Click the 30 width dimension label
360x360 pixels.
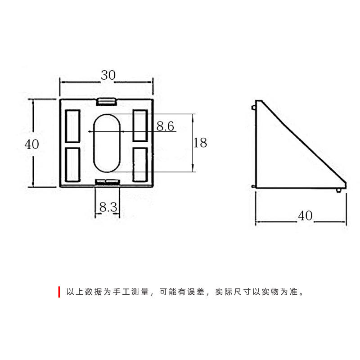pyautogui.click(x=108, y=75)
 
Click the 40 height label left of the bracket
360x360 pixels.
pyautogui.click(x=32, y=144)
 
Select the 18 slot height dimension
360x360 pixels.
pyautogui.click(x=200, y=143)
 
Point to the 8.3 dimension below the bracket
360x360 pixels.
pyautogui.click(x=108, y=207)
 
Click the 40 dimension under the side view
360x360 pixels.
pyautogui.click(x=305, y=216)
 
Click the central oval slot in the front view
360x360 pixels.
pyautogui.click(x=108, y=143)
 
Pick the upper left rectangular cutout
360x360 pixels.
pyautogui.click(x=73, y=126)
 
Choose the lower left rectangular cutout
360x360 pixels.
pyautogui.click(x=73, y=164)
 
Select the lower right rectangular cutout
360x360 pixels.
pyautogui.click(x=140, y=164)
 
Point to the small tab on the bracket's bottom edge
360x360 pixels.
pyautogui.click(x=108, y=181)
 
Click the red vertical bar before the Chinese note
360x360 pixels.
pyautogui.click(x=59, y=292)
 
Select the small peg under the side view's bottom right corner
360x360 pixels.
pyautogui.click(x=338, y=190)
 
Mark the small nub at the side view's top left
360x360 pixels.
pyautogui.click(x=254, y=107)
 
